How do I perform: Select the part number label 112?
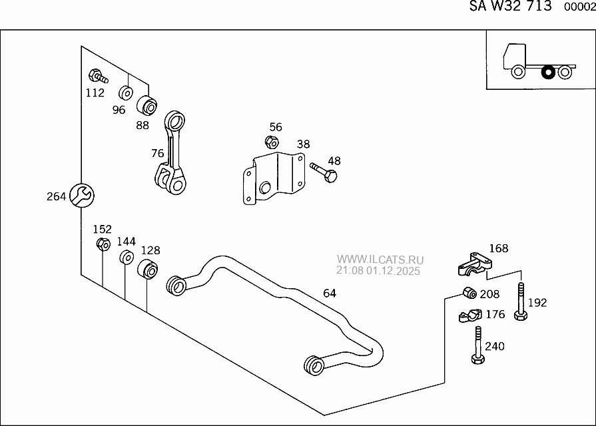coord(95,93)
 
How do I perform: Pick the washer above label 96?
coord(126,92)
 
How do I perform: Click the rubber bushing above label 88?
coord(148,105)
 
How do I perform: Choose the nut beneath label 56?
coord(271,141)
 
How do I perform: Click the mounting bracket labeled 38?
coord(273,178)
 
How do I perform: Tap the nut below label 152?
coord(103,244)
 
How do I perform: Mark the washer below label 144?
coord(125,258)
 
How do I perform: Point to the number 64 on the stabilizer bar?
coord(330,293)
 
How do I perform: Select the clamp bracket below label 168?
coord(475,265)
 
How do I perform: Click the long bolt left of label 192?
coord(520,302)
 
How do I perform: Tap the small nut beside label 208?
coord(468,292)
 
